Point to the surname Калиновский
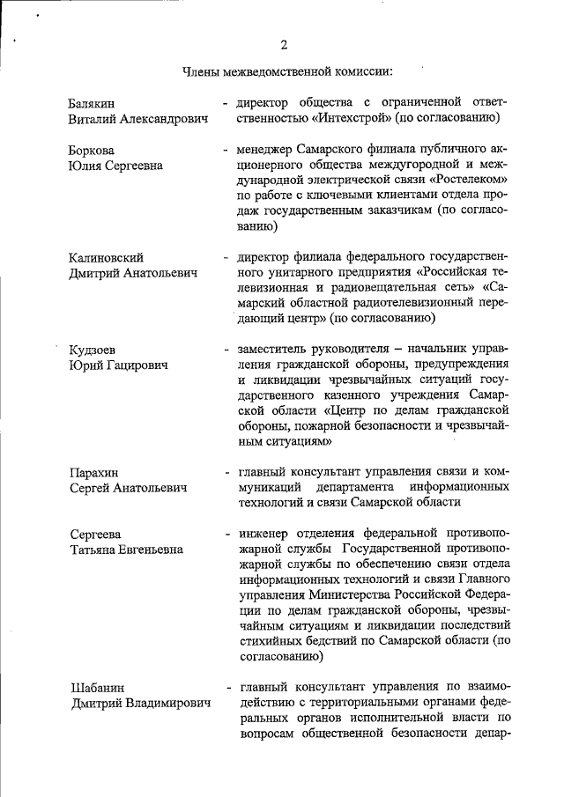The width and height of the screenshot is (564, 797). coord(106,257)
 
